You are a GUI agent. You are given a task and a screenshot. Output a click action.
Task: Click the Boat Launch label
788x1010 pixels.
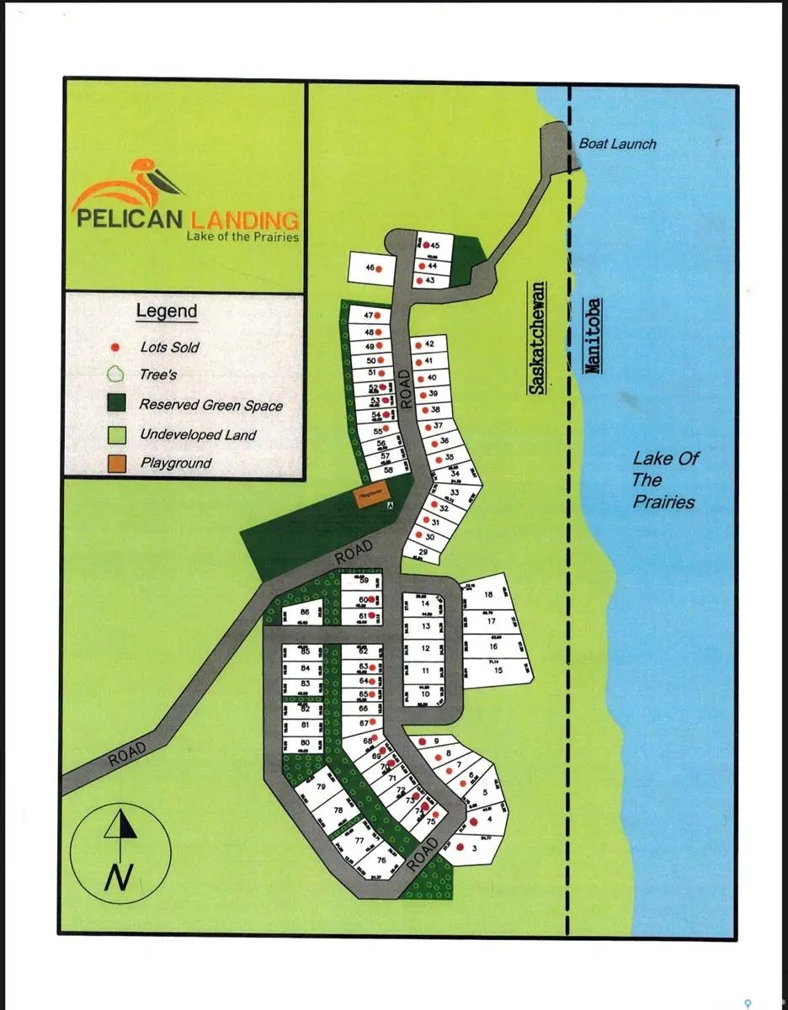(617, 144)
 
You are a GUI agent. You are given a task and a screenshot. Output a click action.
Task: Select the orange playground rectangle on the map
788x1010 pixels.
(367, 496)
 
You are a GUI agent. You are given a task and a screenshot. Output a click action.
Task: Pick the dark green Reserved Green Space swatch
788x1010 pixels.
(118, 405)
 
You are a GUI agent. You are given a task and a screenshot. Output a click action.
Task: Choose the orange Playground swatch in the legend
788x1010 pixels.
(118, 463)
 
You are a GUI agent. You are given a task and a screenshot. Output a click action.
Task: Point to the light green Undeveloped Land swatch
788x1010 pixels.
(118, 434)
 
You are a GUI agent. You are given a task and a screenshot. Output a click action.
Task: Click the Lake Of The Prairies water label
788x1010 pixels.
(664, 481)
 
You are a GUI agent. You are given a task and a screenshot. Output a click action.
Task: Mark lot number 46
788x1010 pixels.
(369, 268)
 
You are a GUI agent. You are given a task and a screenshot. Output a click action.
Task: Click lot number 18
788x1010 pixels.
(488, 594)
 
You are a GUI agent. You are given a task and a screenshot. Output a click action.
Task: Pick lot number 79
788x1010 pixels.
(320, 787)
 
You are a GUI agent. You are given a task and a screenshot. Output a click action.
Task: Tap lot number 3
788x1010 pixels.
(475, 849)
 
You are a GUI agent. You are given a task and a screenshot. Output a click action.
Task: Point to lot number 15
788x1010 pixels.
(498, 670)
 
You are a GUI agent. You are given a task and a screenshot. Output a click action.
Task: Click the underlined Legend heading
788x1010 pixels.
(167, 311)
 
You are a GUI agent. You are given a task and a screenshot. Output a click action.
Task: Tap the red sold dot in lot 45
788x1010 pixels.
(426, 245)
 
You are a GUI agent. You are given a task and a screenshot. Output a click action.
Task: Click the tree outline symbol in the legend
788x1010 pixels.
(118, 375)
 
